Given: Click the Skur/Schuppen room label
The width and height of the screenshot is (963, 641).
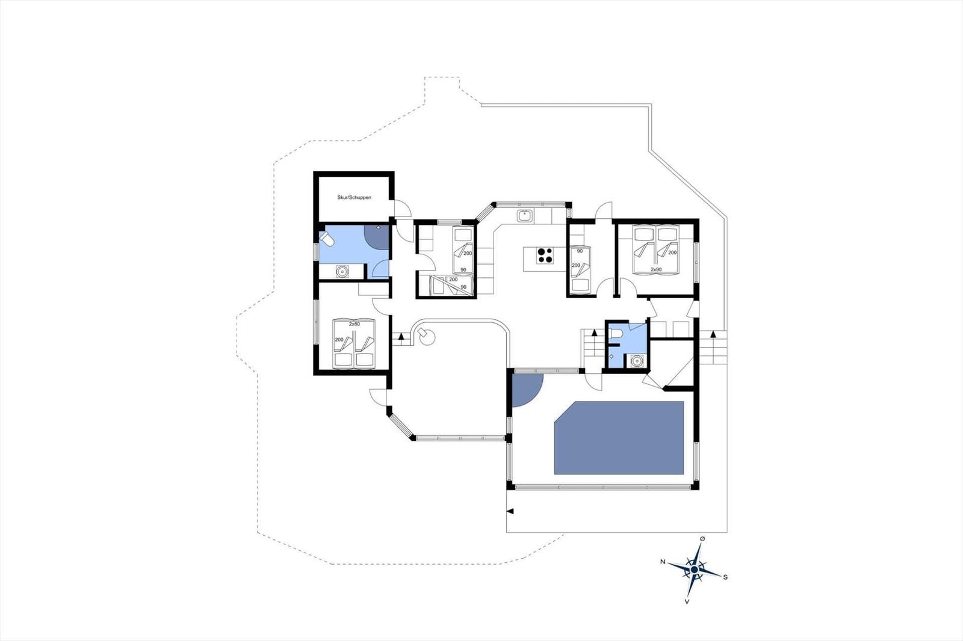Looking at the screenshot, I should tap(354, 197).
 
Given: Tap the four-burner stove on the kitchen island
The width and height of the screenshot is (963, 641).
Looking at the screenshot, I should tap(545, 256).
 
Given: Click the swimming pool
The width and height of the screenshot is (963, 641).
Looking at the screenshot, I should tap(619, 437).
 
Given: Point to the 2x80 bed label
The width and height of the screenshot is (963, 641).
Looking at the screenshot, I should tap(354, 324).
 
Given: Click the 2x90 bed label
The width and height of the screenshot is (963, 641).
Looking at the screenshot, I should tap(656, 270).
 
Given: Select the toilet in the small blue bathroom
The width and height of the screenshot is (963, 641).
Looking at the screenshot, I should tap(615, 334).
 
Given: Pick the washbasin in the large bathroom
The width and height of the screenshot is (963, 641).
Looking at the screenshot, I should tap(342, 272).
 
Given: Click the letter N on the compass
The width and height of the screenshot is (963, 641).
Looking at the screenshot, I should tap(663, 562).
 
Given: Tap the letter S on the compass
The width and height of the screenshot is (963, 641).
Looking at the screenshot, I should tap(725, 577).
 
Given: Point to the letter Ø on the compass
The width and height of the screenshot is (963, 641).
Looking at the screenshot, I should tap(702, 539).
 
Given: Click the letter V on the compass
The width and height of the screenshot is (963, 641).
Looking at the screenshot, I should tap(687, 601).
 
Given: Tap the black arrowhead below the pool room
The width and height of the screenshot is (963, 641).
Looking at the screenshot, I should tap(510, 511).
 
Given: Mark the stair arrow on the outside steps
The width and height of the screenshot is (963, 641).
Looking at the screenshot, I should tap(713, 334).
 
